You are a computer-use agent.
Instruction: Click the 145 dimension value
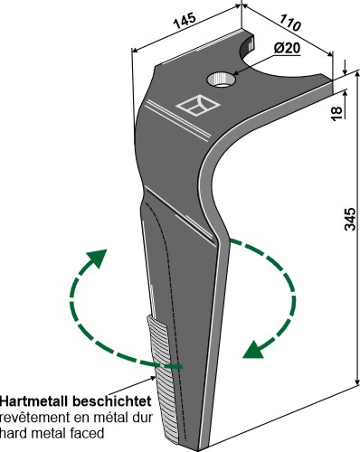tap(185, 21)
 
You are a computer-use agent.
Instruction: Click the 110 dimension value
tap(289, 22)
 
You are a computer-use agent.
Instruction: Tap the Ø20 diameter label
tap(287, 48)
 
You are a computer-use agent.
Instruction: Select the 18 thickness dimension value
tap(337, 113)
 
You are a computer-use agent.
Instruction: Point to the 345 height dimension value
tap(350, 219)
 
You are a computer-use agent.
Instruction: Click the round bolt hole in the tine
tap(221, 80)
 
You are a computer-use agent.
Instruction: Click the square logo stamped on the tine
tap(198, 105)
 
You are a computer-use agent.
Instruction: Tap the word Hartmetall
tap(35, 401)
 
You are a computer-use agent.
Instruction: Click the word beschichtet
tap(112, 401)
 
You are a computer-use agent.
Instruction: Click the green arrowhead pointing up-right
tap(98, 258)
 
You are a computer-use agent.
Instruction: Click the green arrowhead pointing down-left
tap(253, 350)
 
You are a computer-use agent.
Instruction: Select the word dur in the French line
tap(143, 418)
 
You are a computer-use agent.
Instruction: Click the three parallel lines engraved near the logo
tap(177, 121)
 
